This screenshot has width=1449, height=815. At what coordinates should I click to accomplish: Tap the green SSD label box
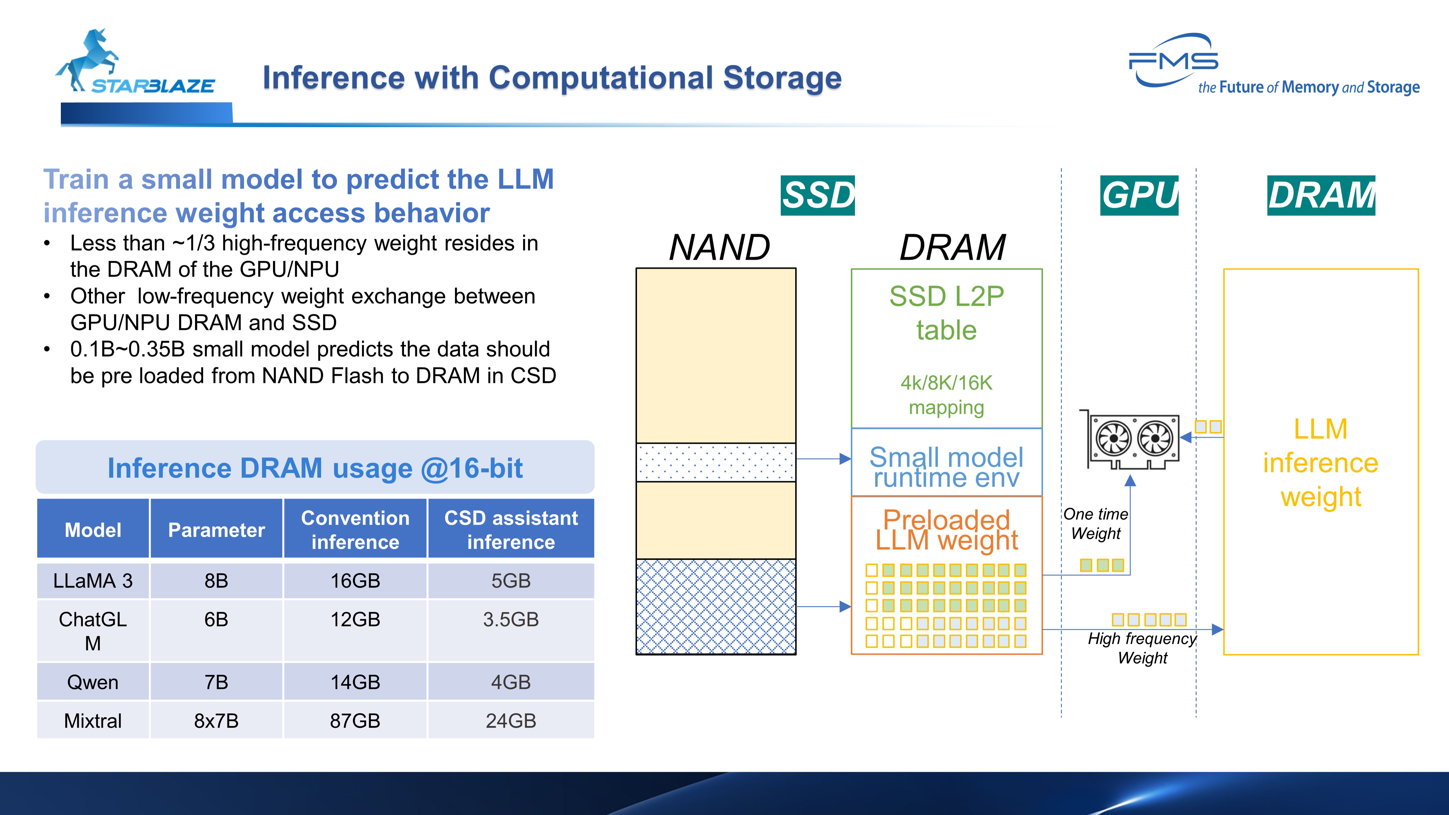pyautogui.click(x=817, y=195)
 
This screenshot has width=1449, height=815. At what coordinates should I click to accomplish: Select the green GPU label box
pyautogui.click(x=1139, y=195)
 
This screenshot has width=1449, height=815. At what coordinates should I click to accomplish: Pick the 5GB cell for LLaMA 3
pyautogui.click(x=511, y=581)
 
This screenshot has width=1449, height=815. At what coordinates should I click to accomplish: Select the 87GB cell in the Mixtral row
pyautogui.click(x=355, y=721)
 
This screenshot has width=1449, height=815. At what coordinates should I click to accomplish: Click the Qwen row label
pyautogui.click(x=93, y=682)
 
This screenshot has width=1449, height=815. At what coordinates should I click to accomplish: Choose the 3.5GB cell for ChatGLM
pyautogui.click(x=511, y=619)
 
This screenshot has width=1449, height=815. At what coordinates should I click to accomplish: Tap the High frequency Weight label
pyautogui.click(x=1142, y=648)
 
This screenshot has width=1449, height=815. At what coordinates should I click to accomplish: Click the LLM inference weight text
pyautogui.click(x=1320, y=462)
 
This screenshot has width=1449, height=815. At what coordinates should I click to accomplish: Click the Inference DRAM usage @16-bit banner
pyautogui.click(x=315, y=468)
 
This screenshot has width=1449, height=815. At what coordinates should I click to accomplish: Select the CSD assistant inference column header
pyautogui.click(x=511, y=530)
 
